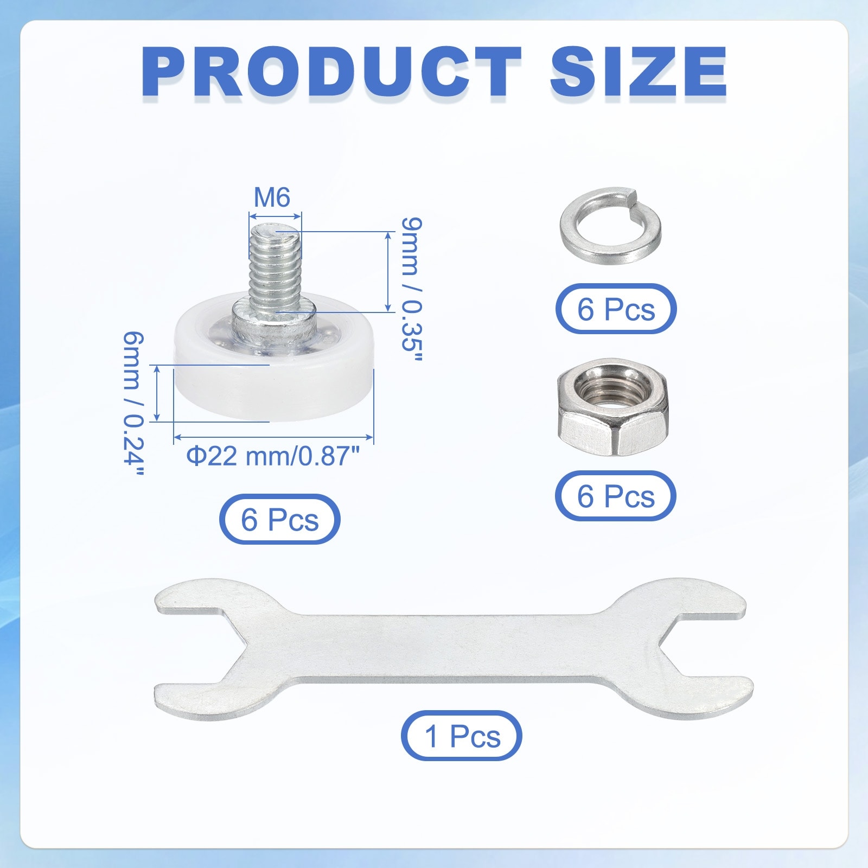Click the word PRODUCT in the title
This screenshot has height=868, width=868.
coord(331,72)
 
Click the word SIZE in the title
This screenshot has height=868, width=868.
coord(639,72)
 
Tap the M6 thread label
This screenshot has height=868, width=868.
coord(272,197)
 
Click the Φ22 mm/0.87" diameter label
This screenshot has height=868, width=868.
coord(273,456)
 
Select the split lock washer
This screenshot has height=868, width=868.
coord(610,225)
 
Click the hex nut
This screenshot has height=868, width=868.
coord(613,407)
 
